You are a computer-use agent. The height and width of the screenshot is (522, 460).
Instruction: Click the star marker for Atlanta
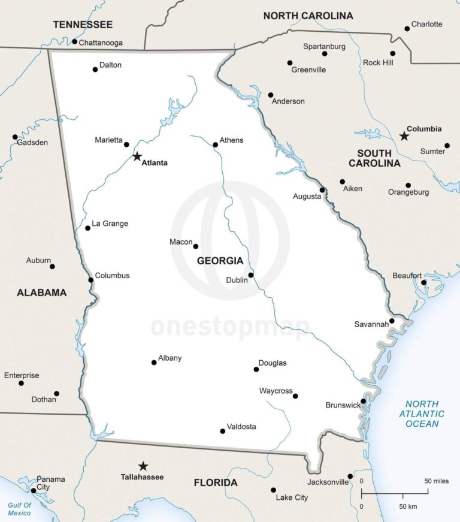coord(137,156)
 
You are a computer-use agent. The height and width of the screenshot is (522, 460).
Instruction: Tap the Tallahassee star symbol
coord(143,466)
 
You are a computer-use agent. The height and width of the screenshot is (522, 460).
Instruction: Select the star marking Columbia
coord(404,136)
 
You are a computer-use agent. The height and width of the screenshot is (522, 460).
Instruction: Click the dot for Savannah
coord(392,321)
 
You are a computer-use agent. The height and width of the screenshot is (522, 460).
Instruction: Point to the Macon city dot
coord(195,246)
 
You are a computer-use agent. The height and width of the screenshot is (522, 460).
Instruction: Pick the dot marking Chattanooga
coord(74,41)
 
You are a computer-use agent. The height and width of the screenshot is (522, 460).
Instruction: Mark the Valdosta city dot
coord(223,431)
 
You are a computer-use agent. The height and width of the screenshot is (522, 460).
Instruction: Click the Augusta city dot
coord(322,190)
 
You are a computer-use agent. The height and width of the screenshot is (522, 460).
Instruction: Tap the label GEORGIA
coord(220,261)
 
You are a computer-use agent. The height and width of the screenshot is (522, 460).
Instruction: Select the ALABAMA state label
coord(41,292)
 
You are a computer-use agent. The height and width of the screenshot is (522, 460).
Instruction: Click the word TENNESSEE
coord(83,25)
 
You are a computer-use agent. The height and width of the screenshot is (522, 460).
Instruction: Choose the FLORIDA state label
coord(216,482)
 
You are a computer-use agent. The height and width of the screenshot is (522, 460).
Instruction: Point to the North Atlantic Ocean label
coord(422,414)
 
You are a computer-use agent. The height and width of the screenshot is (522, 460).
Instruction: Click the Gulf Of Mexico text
coord(19,509)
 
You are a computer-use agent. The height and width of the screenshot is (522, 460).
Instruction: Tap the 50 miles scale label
coord(437,481)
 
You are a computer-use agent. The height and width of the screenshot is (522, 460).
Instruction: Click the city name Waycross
coord(276,391)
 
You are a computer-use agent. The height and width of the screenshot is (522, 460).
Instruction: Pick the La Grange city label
coord(110,224)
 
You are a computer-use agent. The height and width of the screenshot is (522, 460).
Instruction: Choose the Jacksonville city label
coord(328,482)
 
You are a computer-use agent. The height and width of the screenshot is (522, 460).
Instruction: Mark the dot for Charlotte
coord(407,28)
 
